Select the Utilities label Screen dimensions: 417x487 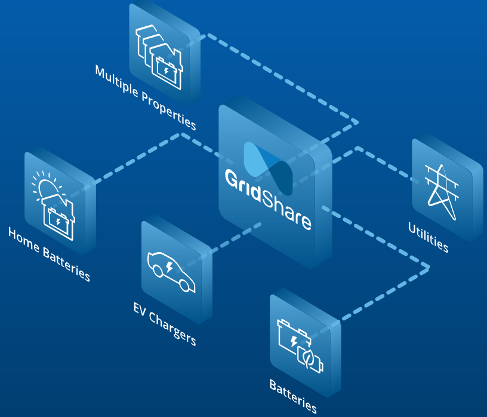(428, 237)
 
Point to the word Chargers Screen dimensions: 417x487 (174, 329)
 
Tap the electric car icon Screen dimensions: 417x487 (171, 272)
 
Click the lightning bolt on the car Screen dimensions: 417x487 (170, 266)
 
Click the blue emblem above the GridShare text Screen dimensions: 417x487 (269, 167)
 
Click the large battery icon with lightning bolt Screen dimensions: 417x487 (293, 340)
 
